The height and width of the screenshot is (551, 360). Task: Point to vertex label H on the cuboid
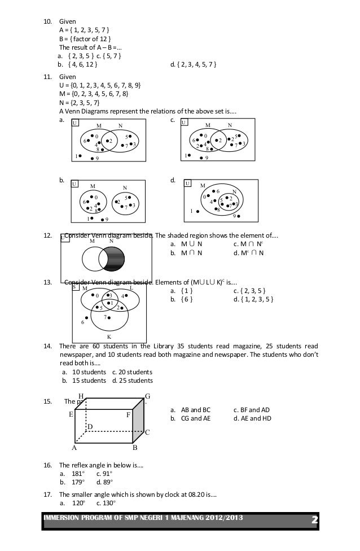coord(81,397)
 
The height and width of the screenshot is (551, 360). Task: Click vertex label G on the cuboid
coord(148,396)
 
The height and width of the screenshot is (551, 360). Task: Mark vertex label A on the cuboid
coord(73,449)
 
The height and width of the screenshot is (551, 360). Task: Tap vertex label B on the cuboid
coord(135,449)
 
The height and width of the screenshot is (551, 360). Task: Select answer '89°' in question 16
coord(105,482)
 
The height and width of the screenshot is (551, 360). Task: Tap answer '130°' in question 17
coord(106,503)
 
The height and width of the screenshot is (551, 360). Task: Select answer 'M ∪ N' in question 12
coord(191,244)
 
